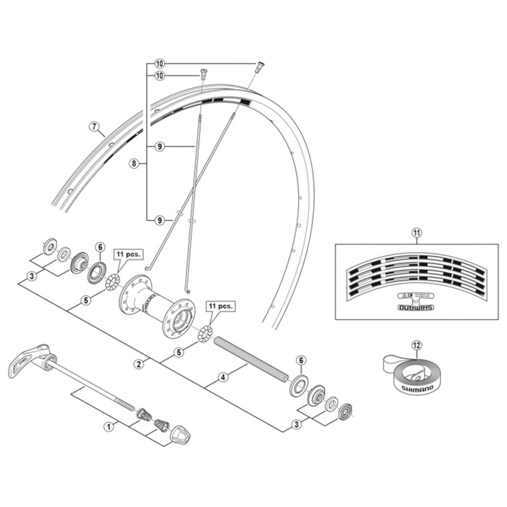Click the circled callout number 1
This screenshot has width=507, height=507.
(x=108, y=427)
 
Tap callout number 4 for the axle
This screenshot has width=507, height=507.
(x=223, y=378)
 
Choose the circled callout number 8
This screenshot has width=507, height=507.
(x=134, y=164)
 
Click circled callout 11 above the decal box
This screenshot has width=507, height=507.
(x=416, y=233)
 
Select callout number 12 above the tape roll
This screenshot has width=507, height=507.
(x=416, y=345)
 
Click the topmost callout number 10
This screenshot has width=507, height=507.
(x=159, y=64)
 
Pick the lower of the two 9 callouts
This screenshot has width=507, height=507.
(x=160, y=220)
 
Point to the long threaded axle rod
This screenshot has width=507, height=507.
(x=250, y=359)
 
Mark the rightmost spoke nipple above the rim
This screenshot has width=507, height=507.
(x=260, y=65)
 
